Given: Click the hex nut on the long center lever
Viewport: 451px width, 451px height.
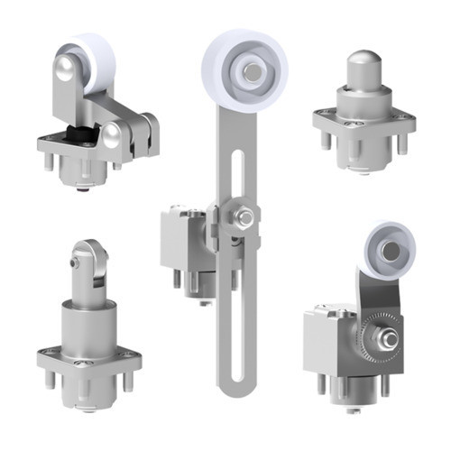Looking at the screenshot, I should (244, 216).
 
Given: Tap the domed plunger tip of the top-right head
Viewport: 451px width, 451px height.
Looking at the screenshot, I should (363, 66).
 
